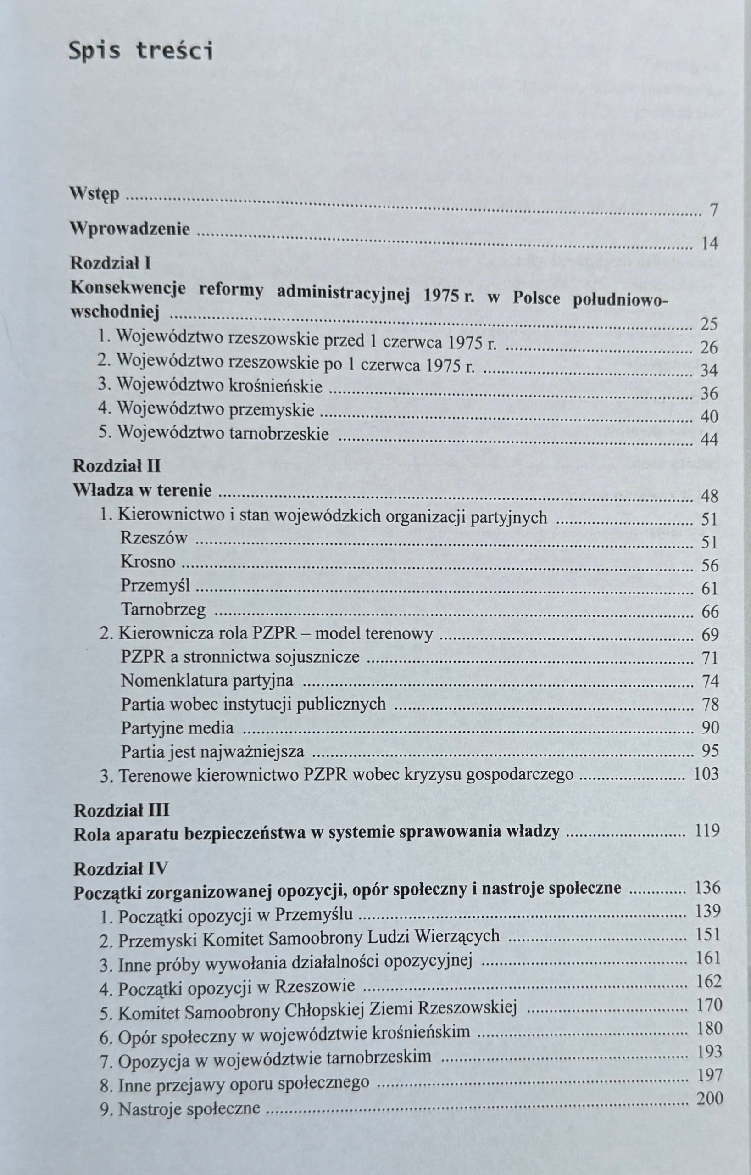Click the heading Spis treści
pyautogui.click(x=140, y=51)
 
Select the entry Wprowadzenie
pyautogui.click(x=130, y=229)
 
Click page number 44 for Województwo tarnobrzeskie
pyautogui.click(x=709, y=440)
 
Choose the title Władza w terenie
pyautogui.click(x=142, y=490)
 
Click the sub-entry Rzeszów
pyautogui.click(x=154, y=538)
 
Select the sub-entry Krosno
pyautogui.click(x=148, y=562)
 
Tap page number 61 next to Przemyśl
pyautogui.click(x=710, y=588)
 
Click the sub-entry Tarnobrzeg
pyautogui.click(x=163, y=610)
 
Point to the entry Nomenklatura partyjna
pyautogui.click(x=207, y=680)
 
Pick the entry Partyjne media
pyautogui.click(x=178, y=728)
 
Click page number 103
pyautogui.click(x=706, y=774)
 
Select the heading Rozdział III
pyautogui.click(x=122, y=811)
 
